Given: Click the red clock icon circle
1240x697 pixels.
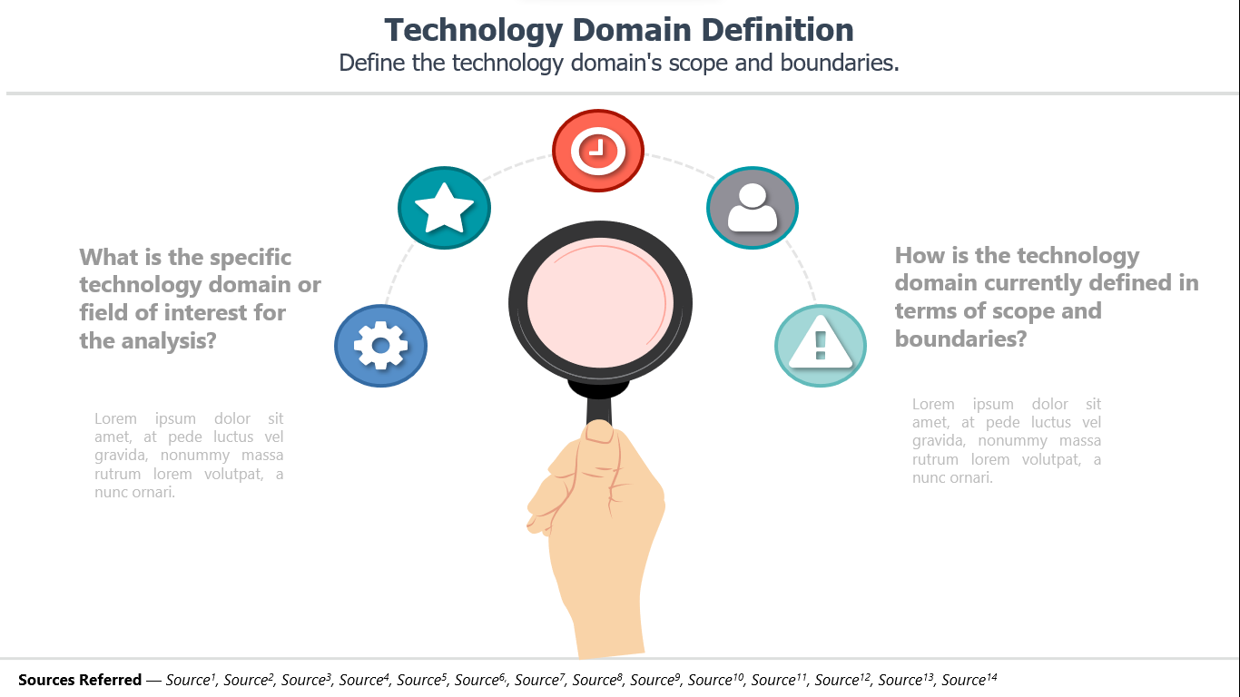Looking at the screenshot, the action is (598, 151).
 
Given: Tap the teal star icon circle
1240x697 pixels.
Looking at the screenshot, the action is (444, 208).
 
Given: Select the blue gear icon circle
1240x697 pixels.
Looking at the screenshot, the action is (381, 346).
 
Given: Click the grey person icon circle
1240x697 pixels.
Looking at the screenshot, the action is (753, 208).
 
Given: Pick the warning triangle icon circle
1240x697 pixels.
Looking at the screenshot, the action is (821, 346).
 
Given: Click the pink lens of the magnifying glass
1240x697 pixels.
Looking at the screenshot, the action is (600, 303).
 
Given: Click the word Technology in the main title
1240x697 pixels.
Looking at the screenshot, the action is (474, 31).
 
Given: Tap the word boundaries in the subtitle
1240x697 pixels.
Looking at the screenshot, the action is (840, 63).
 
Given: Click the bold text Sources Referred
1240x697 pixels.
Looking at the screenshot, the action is (80, 680).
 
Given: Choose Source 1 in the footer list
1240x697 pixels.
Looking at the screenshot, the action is (191, 679).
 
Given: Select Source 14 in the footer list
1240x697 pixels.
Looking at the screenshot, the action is (969, 679).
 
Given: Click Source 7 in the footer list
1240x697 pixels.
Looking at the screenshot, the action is (540, 679).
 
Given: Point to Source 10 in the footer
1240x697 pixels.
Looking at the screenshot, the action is (715, 679).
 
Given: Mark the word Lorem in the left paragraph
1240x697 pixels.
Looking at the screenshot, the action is (115, 418).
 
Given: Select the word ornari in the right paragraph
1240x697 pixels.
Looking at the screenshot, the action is (972, 477).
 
